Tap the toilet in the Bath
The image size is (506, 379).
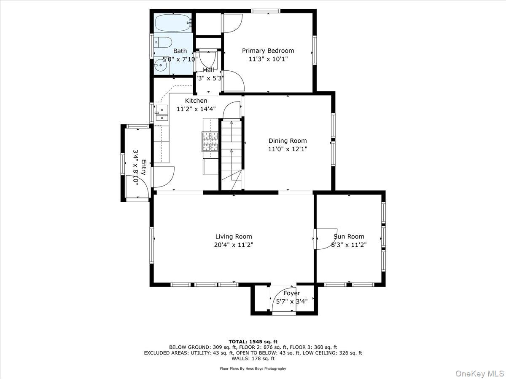pyautogui.click(x=163, y=42)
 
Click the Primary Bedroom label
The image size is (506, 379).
pyautogui.click(x=268, y=51)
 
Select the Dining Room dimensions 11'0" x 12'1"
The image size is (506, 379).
pyautogui.click(x=288, y=149)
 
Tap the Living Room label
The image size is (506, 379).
pyautogui.click(x=234, y=237)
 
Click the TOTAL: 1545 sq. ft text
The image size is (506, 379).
pyautogui.click(x=253, y=341)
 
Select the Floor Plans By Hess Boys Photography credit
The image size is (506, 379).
pyautogui.click(x=253, y=368)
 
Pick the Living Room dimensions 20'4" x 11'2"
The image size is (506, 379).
pyautogui.click(x=234, y=245)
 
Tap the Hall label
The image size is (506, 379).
pyautogui.click(x=208, y=70)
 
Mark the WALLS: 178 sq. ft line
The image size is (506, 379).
pyautogui.click(x=253, y=359)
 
